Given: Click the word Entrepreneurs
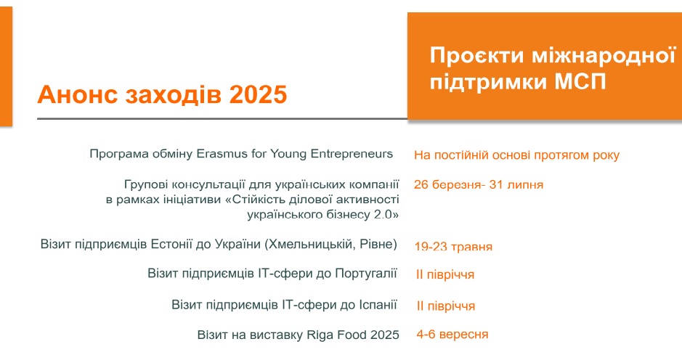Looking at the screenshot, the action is coord(351,153).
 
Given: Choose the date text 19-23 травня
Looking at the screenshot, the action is coord(453,247).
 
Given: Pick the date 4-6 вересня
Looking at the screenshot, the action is coord(452,334).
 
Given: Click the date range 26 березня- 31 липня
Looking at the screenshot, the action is coord(479,184).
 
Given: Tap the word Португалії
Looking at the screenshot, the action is coord(366,274).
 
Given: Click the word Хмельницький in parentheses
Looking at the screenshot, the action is coord(312,244).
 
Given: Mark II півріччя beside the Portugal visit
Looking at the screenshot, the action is coord(445,275).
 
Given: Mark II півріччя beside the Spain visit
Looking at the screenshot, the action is coord(446,306).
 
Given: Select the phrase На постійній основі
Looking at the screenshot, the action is coord(472,155).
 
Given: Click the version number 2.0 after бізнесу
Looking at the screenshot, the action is coord(383,214).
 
